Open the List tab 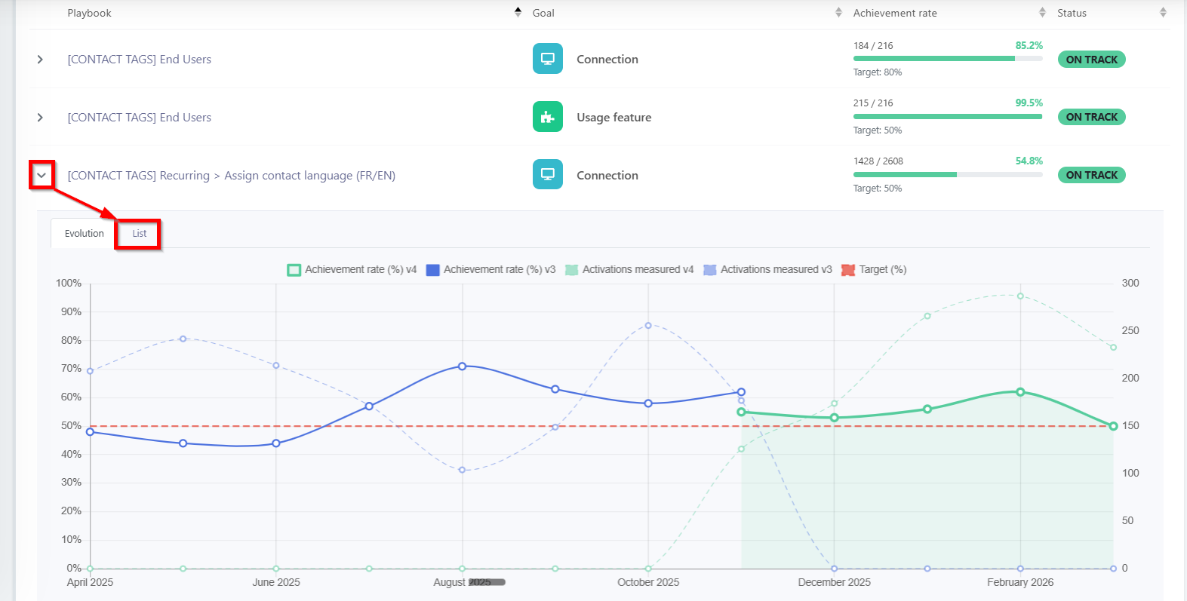140,234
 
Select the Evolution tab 85,234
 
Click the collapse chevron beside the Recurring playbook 42,175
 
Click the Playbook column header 89,14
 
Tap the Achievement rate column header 894,14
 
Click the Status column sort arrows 1163,13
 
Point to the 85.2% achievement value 1029,45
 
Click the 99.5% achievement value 1029,103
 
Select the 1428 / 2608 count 878,161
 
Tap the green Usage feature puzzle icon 547,116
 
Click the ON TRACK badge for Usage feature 1092,117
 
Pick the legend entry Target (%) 874,269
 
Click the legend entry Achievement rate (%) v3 490,269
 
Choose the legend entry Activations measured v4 629,269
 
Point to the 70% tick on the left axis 71,369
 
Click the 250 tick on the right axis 1130,330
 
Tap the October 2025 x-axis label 648,582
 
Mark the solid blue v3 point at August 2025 462,366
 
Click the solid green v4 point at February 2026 1020,392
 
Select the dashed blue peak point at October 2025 648,326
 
